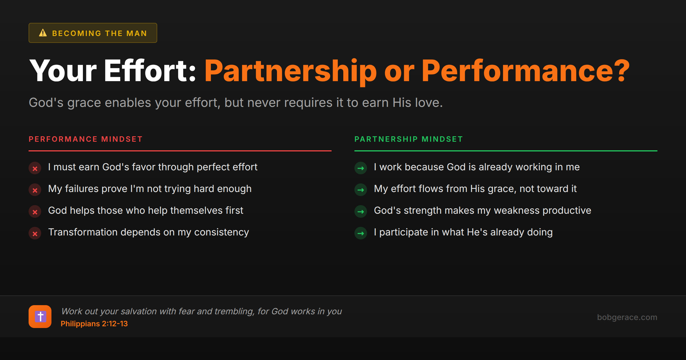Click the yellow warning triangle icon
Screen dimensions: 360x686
[x=43, y=33]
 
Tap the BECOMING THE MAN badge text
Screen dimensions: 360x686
[x=99, y=33]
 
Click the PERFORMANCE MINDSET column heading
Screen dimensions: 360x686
[x=85, y=139]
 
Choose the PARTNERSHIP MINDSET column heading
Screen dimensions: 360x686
[x=408, y=139]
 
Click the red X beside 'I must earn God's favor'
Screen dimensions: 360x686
[x=35, y=168]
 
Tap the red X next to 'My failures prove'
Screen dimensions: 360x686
[x=35, y=190]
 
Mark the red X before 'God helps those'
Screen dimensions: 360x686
[x=35, y=212]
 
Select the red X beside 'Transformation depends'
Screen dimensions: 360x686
[x=35, y=233]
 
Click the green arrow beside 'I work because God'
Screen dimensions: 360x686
[x=361, y=168]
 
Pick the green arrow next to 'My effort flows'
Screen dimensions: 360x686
[x=361, y=190]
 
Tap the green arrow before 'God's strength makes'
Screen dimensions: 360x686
[x=361, y=212]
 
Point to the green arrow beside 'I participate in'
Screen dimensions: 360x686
[x=361, y=233]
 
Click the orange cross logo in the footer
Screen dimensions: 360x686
[x=40, y=317]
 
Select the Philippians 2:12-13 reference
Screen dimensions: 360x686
[x=94, y=324]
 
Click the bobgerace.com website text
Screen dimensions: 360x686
[x=627, y=317]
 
